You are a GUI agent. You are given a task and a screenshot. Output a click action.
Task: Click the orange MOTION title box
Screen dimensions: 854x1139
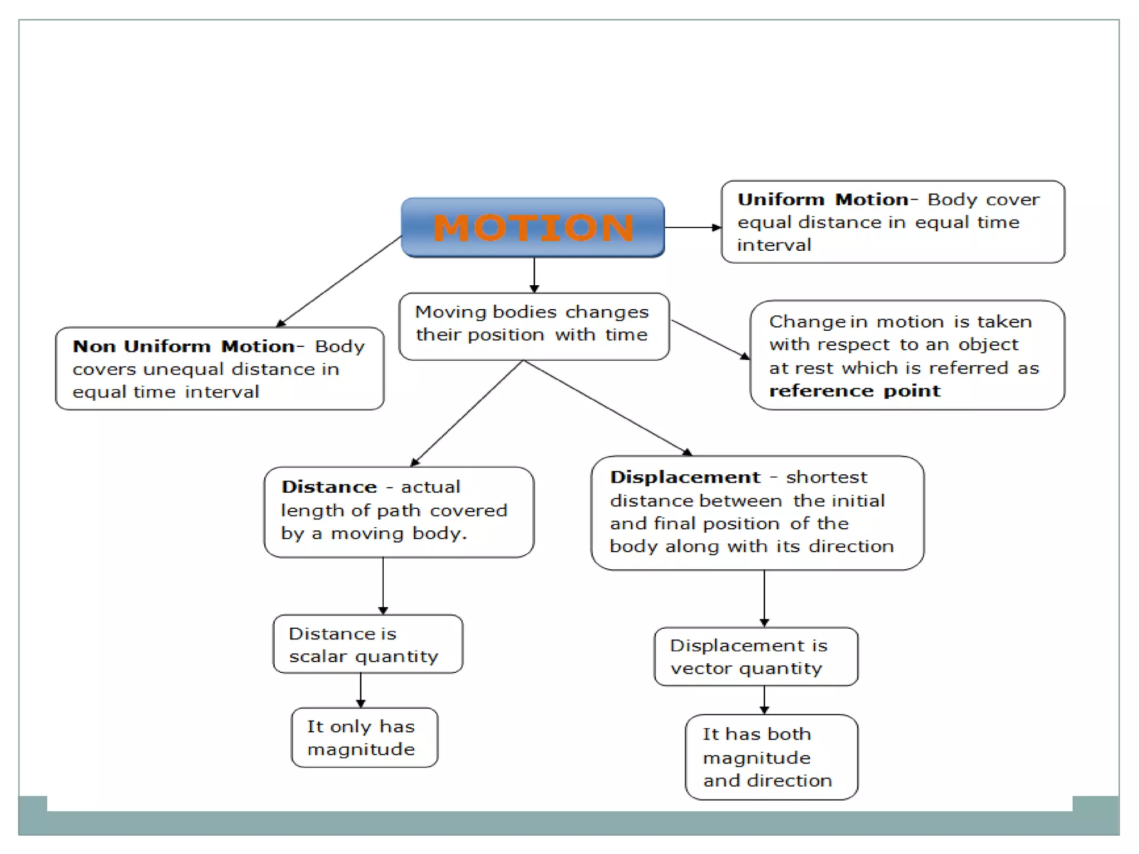pos(533,227)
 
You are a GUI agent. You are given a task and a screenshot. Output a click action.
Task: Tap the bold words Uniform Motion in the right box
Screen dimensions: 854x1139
pos(823,200)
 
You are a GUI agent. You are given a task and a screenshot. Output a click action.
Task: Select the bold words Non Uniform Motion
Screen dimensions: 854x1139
pos(184,346)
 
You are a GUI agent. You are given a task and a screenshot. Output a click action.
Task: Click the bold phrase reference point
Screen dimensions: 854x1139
pos(855,391)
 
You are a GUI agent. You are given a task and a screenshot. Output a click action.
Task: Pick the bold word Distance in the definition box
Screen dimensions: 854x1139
pos(329,487)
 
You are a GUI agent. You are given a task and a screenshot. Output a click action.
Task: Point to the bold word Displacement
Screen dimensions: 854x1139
pos(685,477)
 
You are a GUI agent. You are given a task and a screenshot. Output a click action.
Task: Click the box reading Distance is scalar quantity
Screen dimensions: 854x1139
pos(367,644)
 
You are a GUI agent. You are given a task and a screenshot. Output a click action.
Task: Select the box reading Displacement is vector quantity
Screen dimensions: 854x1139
pos(755,657)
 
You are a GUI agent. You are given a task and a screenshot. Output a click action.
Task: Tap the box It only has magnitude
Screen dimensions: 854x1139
pos(364,738)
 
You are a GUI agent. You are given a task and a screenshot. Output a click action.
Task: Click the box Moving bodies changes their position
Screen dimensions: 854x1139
pos(533,327)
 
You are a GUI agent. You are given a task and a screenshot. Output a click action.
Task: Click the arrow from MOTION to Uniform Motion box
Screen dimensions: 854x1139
pos(692,227)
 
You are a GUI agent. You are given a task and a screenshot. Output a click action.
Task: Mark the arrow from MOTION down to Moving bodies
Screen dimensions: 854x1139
pos(534,275)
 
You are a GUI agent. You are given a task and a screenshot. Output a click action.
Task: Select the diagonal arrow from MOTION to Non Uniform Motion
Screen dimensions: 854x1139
pos(339,281)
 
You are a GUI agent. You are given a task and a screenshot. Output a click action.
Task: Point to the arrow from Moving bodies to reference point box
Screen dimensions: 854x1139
pos(710,339)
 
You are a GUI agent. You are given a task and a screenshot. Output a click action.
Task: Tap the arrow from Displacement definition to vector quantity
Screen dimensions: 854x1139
pos(764,598)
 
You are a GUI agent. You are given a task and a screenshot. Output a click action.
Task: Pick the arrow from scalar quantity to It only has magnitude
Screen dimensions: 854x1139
pos(360,690)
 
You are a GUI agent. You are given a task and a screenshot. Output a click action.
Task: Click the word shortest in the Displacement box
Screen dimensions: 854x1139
pos(826,478)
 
